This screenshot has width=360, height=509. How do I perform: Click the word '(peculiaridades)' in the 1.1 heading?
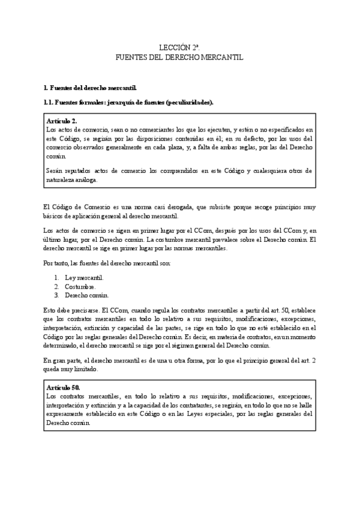point(190,103)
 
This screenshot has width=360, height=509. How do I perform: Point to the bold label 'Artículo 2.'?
point(62,121)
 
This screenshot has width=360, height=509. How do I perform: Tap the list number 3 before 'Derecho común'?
point(56,295)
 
